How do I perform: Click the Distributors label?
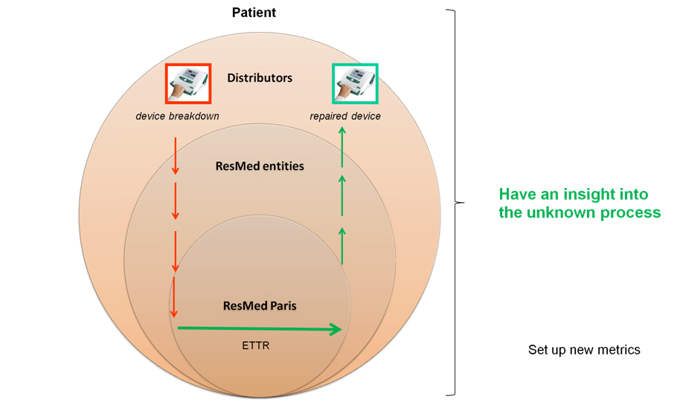tap(260, 78)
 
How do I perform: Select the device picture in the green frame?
tap(355, 83)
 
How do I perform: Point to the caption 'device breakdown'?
tap(177, 116)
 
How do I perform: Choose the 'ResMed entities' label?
tap(260, 166)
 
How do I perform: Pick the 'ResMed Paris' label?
tap(260, 305)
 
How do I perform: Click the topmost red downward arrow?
tap(176, 155)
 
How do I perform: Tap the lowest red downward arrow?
tap(174, 297)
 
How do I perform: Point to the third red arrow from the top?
tap(176, 251)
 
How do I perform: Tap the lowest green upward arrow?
tap(341, 245)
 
